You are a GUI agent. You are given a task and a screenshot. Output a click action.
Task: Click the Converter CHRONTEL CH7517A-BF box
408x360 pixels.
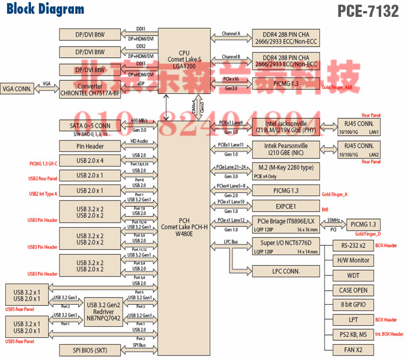click(90, 89)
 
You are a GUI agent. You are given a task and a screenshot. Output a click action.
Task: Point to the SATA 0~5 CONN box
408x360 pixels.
click(90, 126)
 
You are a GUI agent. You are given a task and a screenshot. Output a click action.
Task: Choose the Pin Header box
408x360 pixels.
click(90, 146)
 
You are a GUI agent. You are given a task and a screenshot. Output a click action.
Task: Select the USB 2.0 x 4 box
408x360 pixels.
click(90, 160)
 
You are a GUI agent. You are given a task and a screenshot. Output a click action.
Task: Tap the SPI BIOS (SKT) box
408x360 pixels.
click(90, 350)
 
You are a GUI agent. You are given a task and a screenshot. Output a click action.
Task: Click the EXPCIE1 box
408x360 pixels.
click(286, 206)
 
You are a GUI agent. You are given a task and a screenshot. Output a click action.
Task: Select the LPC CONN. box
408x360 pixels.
click(286, 271)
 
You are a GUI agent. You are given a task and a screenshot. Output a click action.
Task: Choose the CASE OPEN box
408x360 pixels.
click(353, 290)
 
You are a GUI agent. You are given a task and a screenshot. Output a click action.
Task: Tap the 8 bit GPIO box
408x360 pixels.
click(353, 304)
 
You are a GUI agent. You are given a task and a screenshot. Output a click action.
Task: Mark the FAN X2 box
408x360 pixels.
click(353, 350)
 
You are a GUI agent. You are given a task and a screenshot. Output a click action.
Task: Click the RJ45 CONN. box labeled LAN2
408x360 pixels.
click(356, 149)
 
